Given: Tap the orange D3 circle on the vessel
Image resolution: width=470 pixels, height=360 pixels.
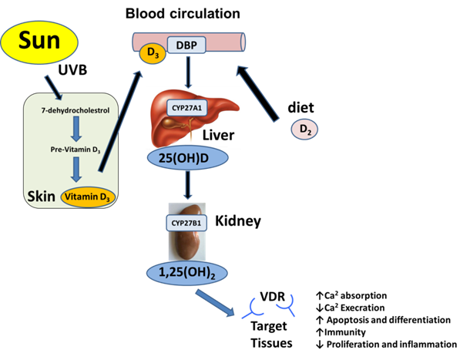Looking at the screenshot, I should pos(151,53).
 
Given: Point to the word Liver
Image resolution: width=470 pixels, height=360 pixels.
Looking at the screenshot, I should pos(218,136).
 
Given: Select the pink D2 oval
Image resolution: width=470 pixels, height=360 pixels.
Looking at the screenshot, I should pos(304,130).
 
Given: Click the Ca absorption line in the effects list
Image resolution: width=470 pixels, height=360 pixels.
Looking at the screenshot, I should pos(355,295).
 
